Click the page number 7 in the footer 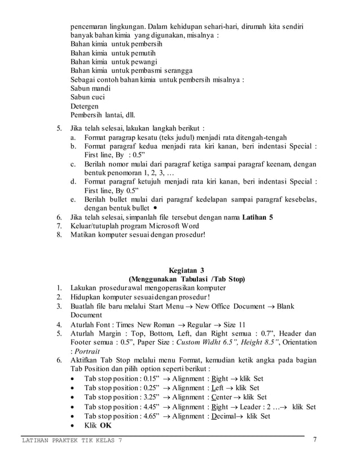pyautogui.click(x=315, y=441)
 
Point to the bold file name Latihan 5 pyautogui.click(x=257, y=216)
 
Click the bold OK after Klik pyautogui.click(x=106, y=425)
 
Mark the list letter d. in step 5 pyautogui.click(x=73, y=182)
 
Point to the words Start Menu pyautogui.click(x=168, y=306)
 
